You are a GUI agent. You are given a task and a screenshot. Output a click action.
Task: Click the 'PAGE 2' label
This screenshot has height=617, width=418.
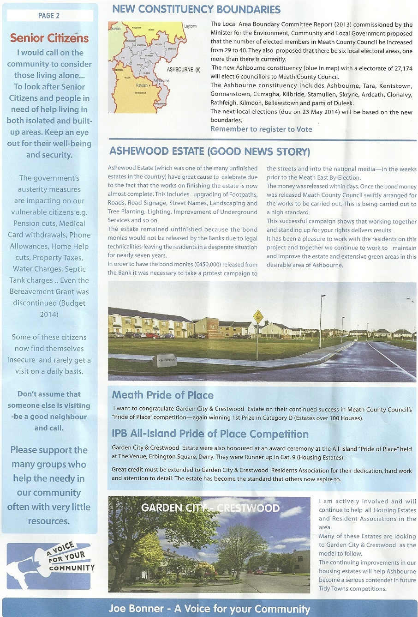coord(49,16)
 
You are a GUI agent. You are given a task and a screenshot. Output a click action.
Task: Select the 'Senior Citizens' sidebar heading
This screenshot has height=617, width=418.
coord(49,38)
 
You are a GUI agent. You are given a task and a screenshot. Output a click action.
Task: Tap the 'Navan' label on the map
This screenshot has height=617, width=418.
coord(116,29)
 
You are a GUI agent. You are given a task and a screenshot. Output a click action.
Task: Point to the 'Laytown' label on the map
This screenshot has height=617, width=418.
coord(190,26)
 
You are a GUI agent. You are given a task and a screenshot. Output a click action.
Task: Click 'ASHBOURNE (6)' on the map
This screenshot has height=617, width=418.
coord(184,70)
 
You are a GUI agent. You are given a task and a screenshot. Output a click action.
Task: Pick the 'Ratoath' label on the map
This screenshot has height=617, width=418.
coord(142,85)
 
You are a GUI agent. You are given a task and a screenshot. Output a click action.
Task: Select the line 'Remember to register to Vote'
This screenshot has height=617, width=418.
coord(261,129)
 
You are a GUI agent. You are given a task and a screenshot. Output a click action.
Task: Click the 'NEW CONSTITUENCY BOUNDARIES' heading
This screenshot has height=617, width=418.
coord(196,9)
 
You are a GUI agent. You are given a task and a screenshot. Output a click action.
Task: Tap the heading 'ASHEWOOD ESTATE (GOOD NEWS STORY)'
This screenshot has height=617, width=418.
coord(209,151)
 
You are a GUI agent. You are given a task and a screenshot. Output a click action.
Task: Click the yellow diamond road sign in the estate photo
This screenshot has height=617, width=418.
coord(258,316)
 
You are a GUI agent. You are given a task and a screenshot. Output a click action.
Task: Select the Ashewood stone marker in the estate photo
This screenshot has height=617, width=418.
coord(165,360)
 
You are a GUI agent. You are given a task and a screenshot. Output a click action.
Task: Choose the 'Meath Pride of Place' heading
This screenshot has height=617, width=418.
coord(162,395)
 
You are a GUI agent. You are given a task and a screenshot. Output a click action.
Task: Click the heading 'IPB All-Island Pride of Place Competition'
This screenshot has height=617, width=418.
coord(210,434)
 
